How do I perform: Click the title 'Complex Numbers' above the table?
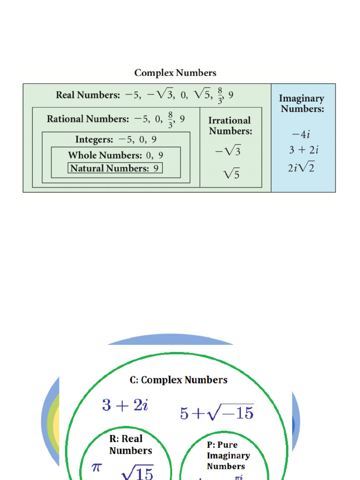point(175,73)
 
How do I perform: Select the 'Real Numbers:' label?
point(88,95)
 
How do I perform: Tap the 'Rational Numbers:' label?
point(88,119)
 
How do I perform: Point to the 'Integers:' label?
point(94,140)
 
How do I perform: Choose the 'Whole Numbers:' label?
point(105,155)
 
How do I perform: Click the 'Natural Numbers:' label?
point(109,168)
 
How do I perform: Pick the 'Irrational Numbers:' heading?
point(230,126)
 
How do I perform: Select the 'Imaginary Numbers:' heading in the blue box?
point(301,104)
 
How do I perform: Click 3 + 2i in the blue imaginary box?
point(304,150)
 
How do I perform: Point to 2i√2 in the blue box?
point(301,167)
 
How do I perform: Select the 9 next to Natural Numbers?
point(156,168)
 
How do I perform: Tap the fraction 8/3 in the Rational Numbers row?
point(170,120)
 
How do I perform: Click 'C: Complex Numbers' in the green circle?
point(179,380)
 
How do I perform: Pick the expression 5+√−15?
point(217,412)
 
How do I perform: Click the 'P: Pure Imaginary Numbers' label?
point(228,455)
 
